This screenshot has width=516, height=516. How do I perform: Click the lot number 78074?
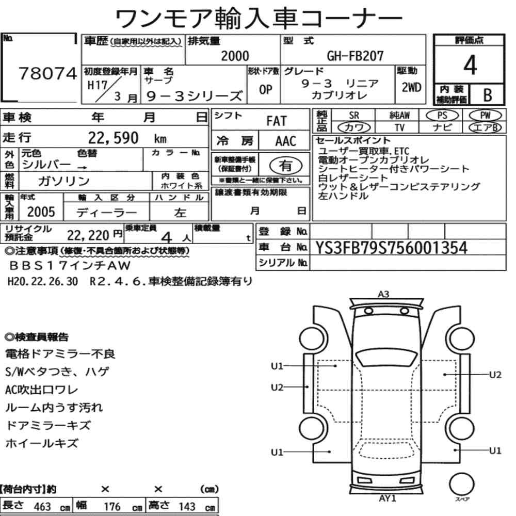click(x=47, y=73)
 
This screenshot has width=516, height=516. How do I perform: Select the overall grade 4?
click(x=470, y=65)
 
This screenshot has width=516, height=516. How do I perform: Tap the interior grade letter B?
click(x=488, y=95)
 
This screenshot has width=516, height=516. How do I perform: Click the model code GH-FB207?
click(x=355, y=56)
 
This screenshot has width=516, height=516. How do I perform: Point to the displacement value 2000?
click(x=235, y=56)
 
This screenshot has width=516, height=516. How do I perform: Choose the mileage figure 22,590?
click(x=113, y=138)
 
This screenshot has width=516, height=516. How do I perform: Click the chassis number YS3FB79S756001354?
click(x=391, y=248)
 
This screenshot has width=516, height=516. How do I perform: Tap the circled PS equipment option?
click(x=442, y=116)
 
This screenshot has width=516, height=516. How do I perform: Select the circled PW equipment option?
click(x=485, y=116)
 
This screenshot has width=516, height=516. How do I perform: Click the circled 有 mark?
click(x=286, y=166)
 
